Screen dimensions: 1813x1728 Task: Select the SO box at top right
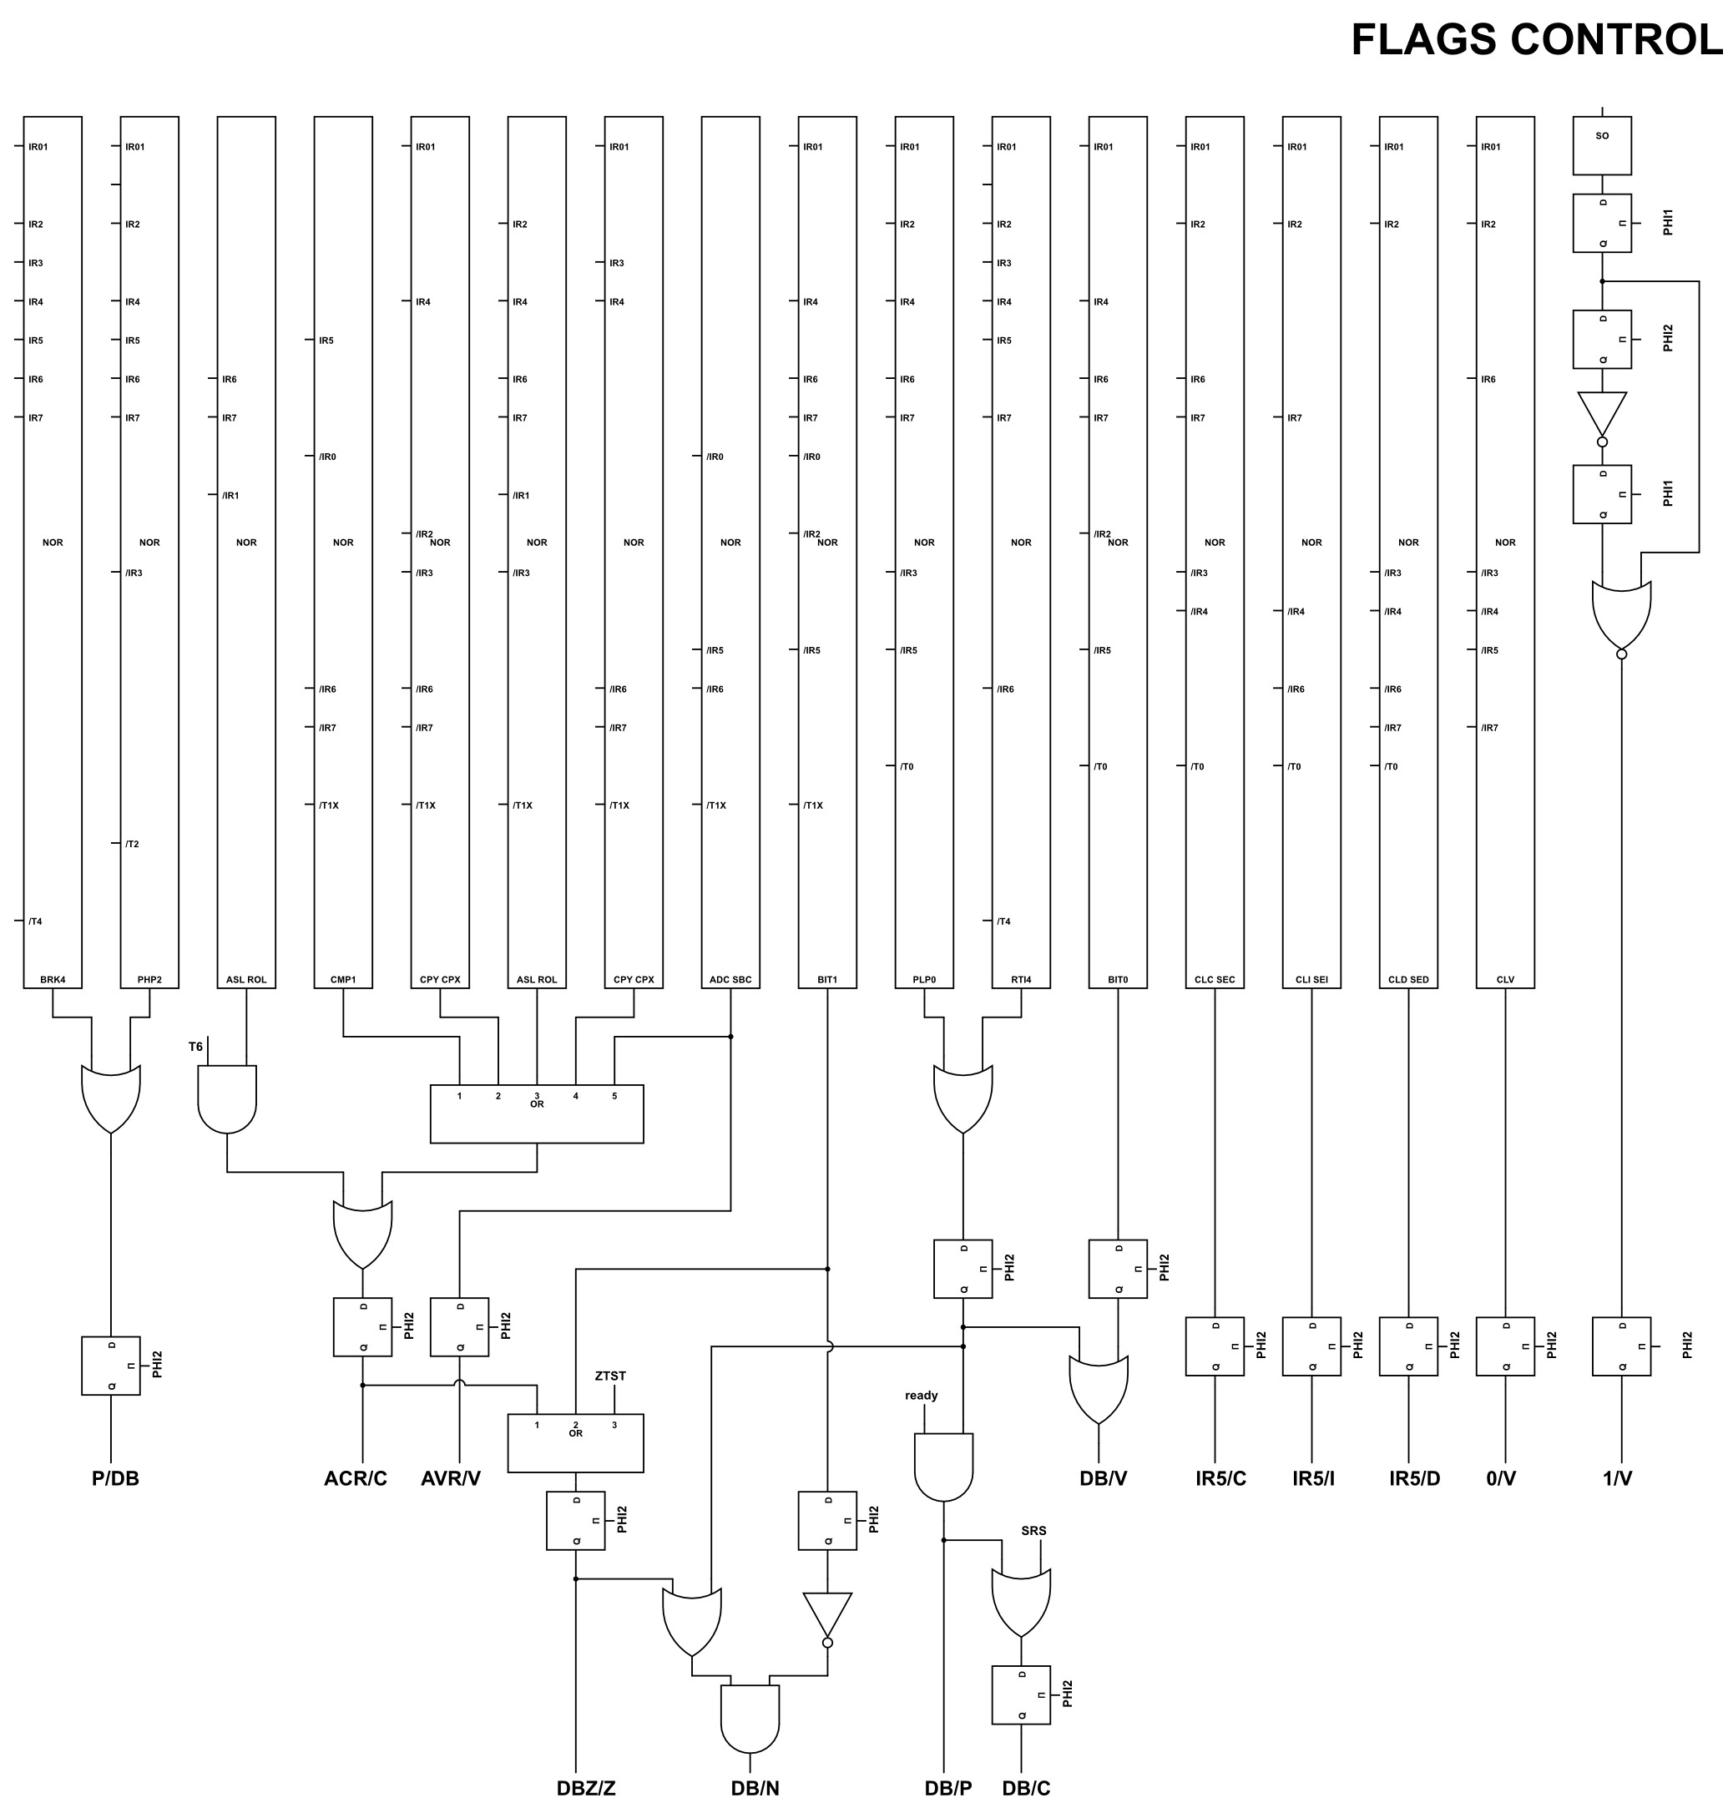[1602, 144]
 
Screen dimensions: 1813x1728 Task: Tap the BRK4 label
[53, 979]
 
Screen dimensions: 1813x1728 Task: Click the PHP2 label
[149, 979]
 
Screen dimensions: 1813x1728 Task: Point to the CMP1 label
[342, 979]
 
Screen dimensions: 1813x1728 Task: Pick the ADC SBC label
[730, 979]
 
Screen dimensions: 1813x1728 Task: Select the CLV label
[1505, 979]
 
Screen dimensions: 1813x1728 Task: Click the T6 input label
[195, 1047]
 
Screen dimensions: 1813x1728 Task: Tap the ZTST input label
[609, 1376]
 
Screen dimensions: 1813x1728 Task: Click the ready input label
[921, 1395]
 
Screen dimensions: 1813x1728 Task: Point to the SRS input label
[1033, 1530]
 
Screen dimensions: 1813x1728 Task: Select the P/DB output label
[115, 1478]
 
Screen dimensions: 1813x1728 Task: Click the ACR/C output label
[356, 1478]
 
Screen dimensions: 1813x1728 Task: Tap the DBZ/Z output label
[586, 1788]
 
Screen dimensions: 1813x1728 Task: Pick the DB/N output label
[755, 1788]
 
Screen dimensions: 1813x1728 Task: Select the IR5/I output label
[1313, 1478]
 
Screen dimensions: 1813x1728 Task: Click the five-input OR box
[537, 1114]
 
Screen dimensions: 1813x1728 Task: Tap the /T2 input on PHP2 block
[132, 844]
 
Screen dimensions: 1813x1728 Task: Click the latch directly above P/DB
[110, 1366]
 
